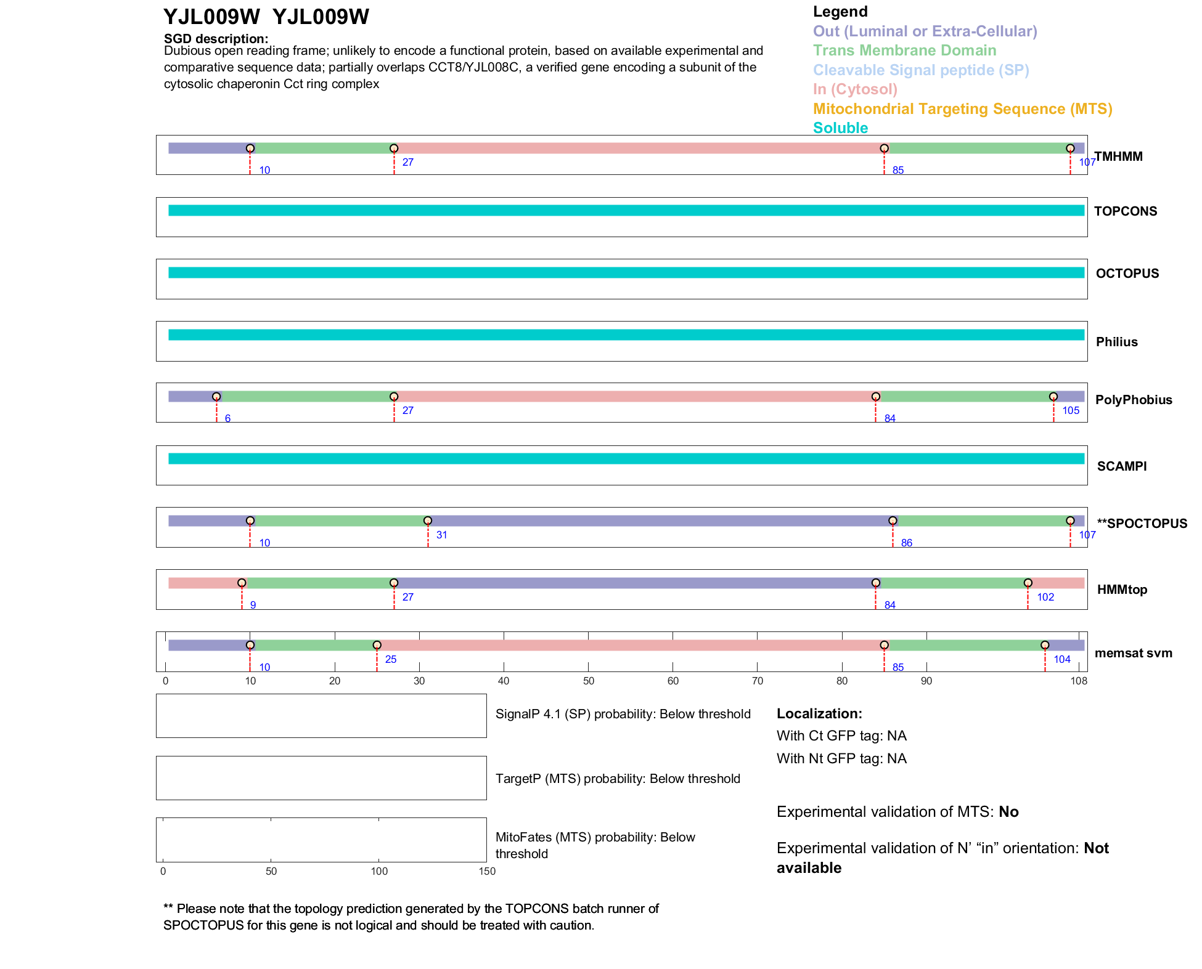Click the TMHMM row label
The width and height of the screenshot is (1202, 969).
click(x=1118, y=156)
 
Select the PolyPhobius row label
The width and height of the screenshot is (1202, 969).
click(x=1134, y=400)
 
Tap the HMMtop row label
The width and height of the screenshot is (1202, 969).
click(x=1122, y=590)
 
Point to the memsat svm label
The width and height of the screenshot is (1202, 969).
click(x=1133, y=653)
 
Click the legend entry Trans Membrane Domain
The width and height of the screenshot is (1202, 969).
click(x=904, y=51)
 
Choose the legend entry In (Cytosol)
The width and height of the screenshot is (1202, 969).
click(x=855, y=89)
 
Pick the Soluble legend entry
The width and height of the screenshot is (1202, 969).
click(x=840, y=128)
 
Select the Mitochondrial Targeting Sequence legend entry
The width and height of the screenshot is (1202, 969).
click(x=962, y=109)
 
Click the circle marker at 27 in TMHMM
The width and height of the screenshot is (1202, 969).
click(x=394, y=148)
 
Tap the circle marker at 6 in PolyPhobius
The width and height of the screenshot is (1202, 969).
click(x=216, y=397)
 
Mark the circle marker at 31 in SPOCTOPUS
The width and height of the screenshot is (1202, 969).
click(x=428, y=521)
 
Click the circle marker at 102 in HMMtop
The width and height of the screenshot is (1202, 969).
click(x=1028, y=583)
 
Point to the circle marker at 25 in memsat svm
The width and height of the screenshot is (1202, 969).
click(x=377, y=645)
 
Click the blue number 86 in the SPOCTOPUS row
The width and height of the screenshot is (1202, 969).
click(x=906, y=543)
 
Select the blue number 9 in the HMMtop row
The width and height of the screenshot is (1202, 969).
click(x=253, y=606)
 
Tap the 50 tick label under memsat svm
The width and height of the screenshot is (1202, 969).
click(x=588, y=681)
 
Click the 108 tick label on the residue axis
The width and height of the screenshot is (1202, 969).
click(x=1079, y=681)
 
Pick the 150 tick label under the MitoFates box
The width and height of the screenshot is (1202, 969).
click(x=487, y=871)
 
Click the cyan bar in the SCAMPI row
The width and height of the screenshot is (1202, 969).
click(x=626, y=458)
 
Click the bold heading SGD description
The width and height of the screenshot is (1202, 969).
click(x=216, y=39)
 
